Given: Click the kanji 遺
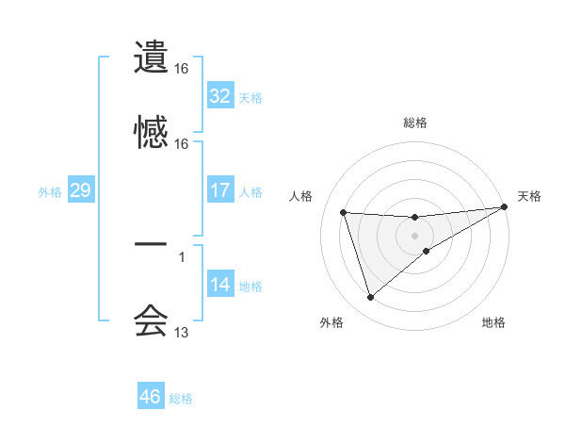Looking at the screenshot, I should click(x=151, y=57).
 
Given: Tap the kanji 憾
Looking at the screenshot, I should click(x=151, y=131).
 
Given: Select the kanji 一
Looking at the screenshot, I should click(x=151, y=244).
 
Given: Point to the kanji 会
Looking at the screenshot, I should click(x=151, y=320).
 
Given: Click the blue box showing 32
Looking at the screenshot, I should click(x=220, y=96).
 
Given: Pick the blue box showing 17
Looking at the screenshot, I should click(x=220, y=190).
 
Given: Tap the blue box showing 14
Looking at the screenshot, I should click(x=220, y=285).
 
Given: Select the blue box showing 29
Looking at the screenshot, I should click(x=80, y=190).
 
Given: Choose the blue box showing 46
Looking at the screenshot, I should click(x=151, y=397).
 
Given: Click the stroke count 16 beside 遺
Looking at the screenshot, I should click(x=182, y=69).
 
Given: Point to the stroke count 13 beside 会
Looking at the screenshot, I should click(x=182, y=333).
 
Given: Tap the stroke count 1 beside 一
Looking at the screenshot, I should click(x=182, y=257).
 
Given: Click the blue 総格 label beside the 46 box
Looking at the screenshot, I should click(x=181, y=399).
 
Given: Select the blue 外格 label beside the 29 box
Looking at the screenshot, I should click(x=50, y=192).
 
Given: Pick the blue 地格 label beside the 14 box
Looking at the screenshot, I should click(x=250, y=287).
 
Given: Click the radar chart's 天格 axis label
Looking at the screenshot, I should click(x=529, y=196).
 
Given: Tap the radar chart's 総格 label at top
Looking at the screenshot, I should click(x=415, y=123).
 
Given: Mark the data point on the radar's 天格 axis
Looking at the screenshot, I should click(x=506, y=206).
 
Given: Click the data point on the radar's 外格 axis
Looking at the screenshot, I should click(x=370, y=298).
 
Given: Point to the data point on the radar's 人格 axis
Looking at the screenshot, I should click(x=344, y=212).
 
